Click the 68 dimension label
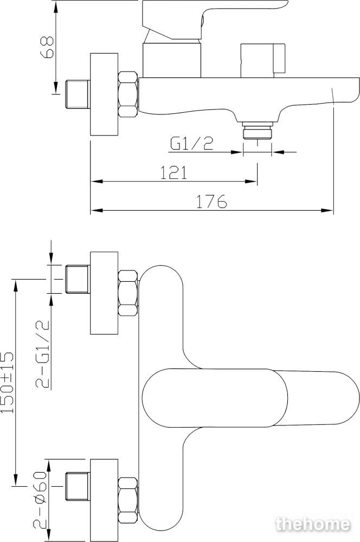pos(47,47)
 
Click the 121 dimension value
pos(173,172)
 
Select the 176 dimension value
pos(211,201)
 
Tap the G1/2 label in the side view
pos(191,144)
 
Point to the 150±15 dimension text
pos(7,382)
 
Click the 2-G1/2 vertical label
pos(43,354)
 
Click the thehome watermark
pos(313,524)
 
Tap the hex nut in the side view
pos(128,94)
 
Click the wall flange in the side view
pos(104,94)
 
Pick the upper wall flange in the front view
pos(104,293)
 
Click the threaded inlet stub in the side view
pos(78,94)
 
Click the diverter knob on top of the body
pos(262,61)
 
